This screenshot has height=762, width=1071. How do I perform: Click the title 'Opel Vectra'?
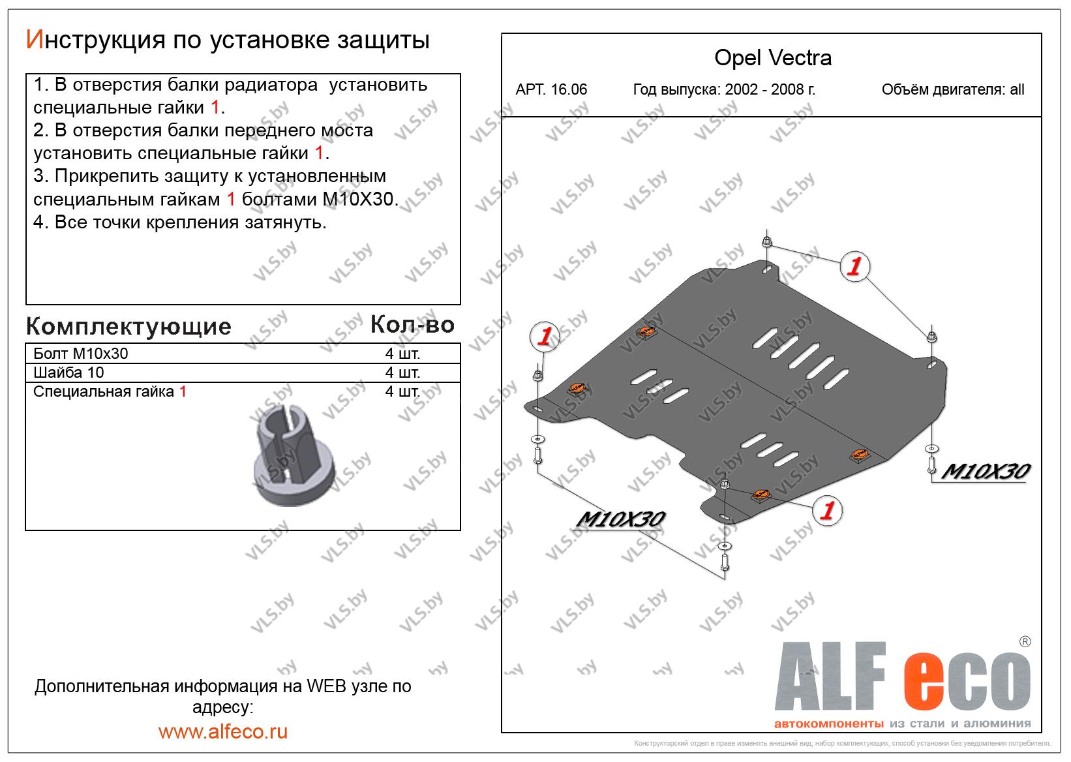773,58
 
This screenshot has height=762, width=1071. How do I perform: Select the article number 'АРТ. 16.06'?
551,89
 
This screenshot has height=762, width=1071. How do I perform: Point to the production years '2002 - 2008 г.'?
770,89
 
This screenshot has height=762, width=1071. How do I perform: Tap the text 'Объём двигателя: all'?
953,89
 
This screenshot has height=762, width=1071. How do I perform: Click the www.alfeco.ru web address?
223,731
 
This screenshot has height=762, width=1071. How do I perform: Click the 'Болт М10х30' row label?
81,354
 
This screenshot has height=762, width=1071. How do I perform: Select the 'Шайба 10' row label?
68,373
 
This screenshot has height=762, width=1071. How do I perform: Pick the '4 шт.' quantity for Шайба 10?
402,373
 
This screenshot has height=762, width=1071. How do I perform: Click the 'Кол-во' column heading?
412,325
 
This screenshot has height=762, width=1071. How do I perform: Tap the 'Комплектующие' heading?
128,327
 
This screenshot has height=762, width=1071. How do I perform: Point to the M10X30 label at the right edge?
986,472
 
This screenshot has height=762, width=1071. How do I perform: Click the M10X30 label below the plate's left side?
620,519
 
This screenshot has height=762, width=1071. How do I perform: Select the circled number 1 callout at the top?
855,266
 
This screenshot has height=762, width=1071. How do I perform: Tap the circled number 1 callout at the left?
545,336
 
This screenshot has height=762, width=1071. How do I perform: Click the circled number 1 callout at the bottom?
827,510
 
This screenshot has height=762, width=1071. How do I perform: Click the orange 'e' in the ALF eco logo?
924,682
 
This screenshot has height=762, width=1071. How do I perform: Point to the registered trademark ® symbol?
1025,641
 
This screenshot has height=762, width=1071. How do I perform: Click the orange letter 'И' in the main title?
35,40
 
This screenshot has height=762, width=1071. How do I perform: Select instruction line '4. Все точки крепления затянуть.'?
180,222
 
